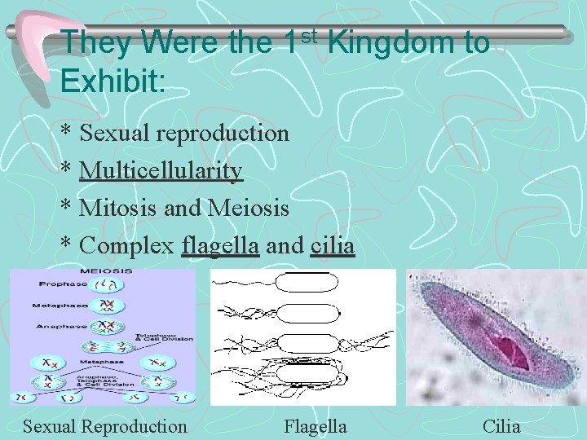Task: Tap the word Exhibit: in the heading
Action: click(123, 81)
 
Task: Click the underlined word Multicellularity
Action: click(161, 170)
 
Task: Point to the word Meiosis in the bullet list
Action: click(249, 208)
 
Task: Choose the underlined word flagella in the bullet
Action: click(221, 245)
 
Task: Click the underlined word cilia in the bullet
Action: click(333, 245)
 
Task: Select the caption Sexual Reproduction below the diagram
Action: click(104, 426)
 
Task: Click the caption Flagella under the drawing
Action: click(315, 426)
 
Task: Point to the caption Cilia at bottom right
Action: click(501, 426)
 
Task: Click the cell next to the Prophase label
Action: click(106, 284)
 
